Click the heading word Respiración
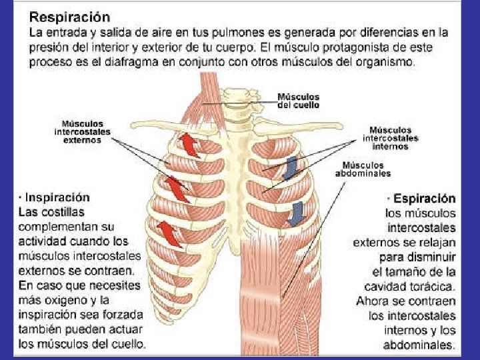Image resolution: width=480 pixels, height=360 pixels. coord(69,15)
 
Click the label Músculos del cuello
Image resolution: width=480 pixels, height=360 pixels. coord(298,101)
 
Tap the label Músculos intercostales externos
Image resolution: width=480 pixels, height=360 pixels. coord(83,132)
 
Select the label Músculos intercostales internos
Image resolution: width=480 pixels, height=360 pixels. coord(391,138)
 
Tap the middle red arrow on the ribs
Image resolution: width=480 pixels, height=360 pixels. coord(177,187)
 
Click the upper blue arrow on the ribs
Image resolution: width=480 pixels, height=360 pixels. coord(291,167)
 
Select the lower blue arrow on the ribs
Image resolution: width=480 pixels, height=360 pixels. coord(293,213)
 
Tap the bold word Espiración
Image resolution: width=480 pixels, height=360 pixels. coord(425,199)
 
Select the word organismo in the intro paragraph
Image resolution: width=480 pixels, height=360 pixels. coord(383,62)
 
